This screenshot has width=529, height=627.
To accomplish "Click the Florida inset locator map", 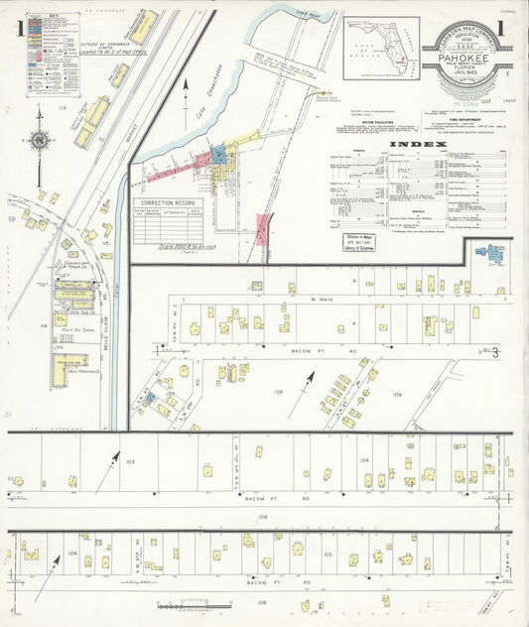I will (381, 48).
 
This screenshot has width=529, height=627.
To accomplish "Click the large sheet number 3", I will (493, 352).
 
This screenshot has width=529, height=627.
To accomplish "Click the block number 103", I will (130, 462).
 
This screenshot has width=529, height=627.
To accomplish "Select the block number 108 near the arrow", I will (278, 392).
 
